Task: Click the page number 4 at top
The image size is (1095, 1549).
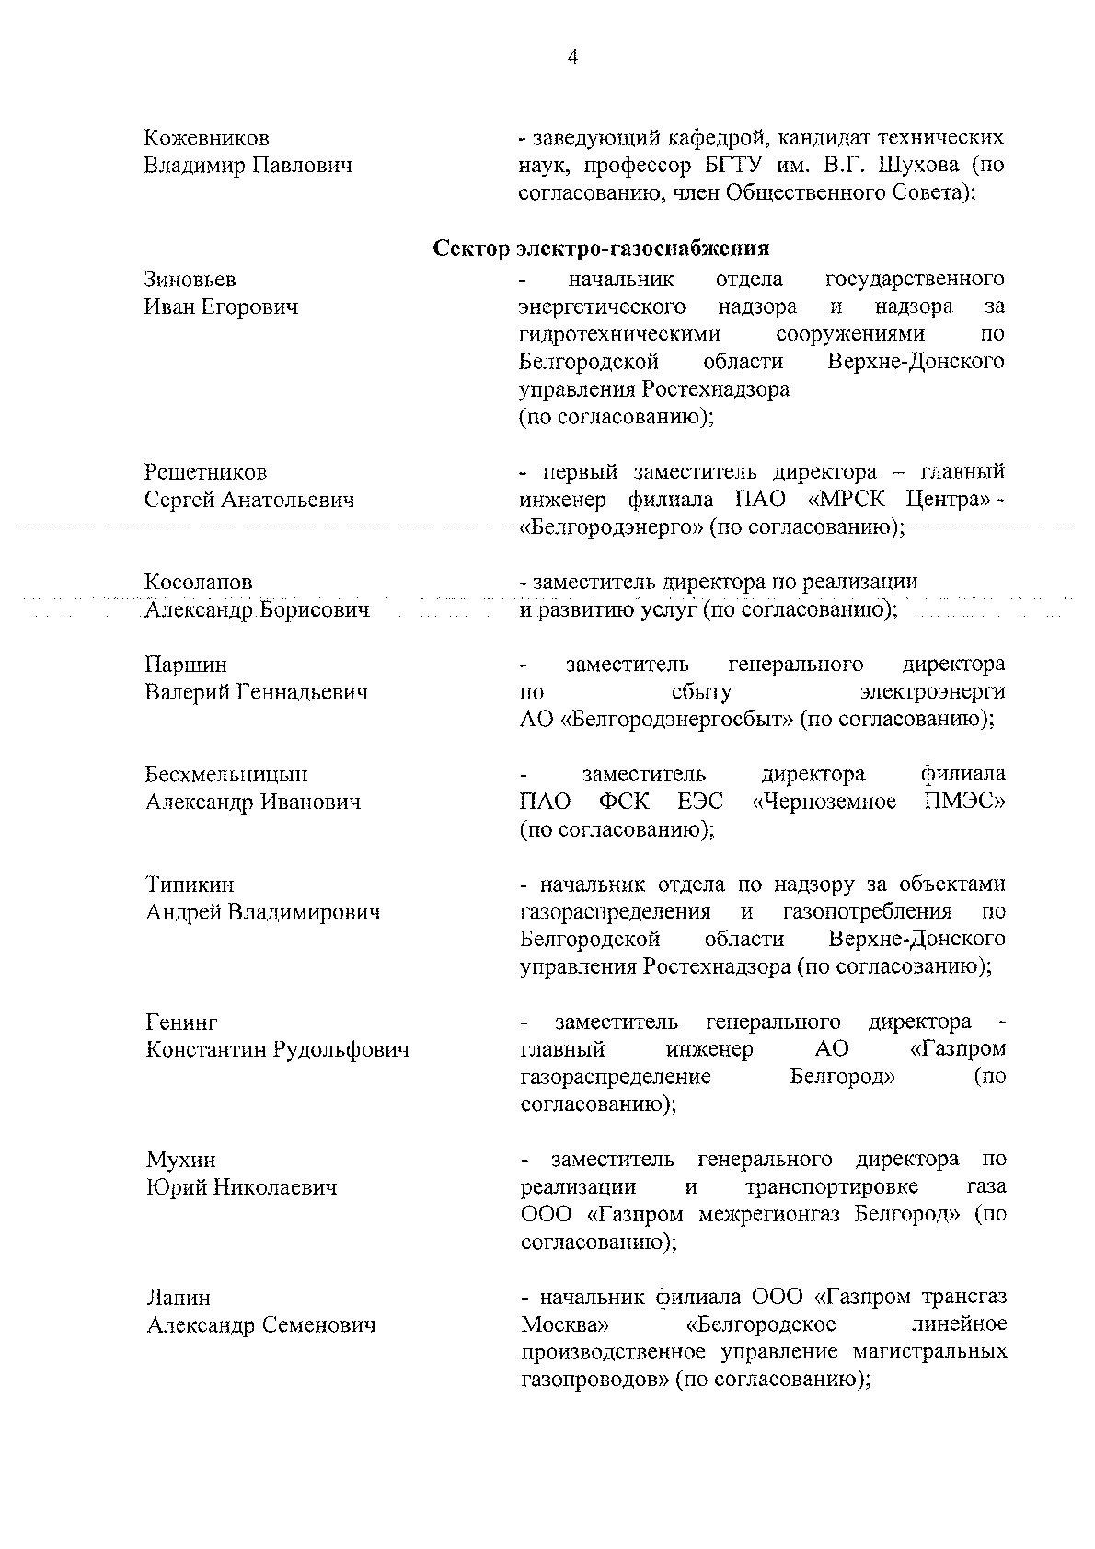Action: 572,58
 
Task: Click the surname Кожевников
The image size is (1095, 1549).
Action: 207,139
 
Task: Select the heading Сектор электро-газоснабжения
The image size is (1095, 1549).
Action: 601,249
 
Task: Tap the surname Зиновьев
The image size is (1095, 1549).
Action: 190,279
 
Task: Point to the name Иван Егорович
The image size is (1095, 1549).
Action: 222,306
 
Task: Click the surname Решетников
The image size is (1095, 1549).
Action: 206,472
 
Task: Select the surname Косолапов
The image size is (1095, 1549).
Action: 199,582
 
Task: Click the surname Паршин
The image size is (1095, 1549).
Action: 186,665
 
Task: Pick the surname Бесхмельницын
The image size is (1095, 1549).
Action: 227,774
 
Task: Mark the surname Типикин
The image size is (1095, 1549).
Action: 190,884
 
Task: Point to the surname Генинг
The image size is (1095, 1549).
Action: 182,1023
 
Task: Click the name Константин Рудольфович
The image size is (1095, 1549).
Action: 278,1049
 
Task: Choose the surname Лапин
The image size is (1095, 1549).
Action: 179,1298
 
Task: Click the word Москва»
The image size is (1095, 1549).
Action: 564,1324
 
